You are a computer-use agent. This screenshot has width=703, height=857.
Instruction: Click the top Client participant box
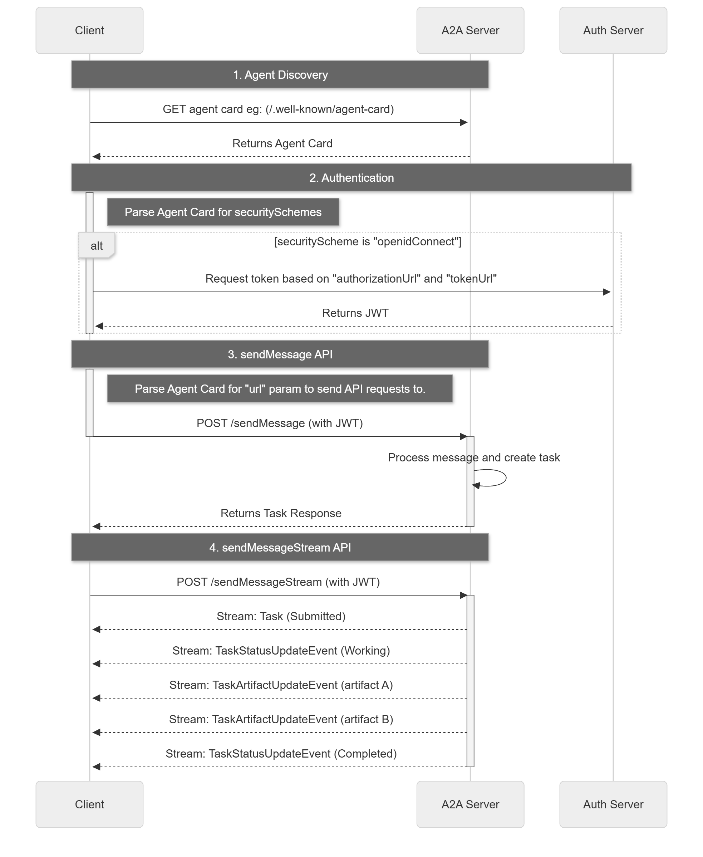pyautogui.click(x=89, y=30)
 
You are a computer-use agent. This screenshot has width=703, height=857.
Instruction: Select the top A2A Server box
pyautogui.click(x=470, y=30)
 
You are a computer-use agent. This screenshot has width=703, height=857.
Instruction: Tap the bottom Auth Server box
pyautogui.click(x=613, y=804)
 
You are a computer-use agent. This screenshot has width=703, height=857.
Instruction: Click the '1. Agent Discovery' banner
pyautogui.click(x=280, y=74)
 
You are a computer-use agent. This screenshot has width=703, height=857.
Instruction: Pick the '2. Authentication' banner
pyautogui.click(x=351, y=177)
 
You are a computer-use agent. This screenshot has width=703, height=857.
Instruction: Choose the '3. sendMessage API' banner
pyautogui.click(x=280, y=354)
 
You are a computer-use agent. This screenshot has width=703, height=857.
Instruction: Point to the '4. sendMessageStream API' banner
pyautogui.click(x=280, y=547)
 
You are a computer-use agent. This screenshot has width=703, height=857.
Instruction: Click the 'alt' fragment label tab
pyautogui.click(x=97, y=246)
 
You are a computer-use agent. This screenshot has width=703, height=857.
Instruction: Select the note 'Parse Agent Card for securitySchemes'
pyautogui.click(x=223, y=212)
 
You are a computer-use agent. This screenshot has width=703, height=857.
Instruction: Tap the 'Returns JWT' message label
pyautogui.click(x=355, y=313)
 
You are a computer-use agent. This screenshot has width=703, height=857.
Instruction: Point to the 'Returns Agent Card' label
pyautogui.click(x=282, y=143)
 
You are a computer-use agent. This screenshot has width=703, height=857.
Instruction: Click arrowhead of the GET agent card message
pyautogui.click(x=464, y=122)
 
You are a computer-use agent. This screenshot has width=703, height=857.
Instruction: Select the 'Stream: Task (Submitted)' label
pyautogui.click(x=281, y=616)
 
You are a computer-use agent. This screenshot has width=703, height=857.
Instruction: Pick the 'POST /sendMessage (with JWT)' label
pyautogui.click(x=279, y=423)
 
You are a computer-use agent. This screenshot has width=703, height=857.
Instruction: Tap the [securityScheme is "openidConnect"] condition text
pyautogui.click(x=368, y=242)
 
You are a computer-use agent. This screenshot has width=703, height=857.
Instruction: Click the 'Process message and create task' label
pyautogui.click(x=474, y=458)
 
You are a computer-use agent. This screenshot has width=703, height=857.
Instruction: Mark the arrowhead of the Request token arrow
pyautogui.click(x=606, y=292)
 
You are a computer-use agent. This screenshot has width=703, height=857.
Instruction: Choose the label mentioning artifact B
pyautogui.click(x=281, y=719)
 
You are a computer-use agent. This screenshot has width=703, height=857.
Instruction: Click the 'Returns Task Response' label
pyautogui.click(x=281, y=513)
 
